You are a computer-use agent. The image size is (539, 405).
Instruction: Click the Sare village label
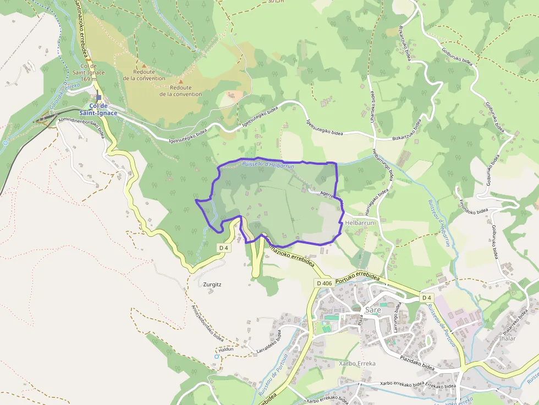coord(373,309)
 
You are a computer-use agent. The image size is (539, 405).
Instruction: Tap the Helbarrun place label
coord(360,223)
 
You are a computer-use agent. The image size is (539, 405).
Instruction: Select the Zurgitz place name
coord(212,285)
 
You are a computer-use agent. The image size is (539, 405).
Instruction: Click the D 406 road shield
coord(324,283)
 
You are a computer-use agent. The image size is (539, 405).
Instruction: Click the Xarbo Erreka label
coord(358,363)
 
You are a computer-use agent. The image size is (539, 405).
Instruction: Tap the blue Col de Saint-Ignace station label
coord(103,109)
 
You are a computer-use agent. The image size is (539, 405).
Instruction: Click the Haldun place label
coord(226,349)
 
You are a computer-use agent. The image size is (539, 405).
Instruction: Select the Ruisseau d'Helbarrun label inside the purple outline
coord(268,165)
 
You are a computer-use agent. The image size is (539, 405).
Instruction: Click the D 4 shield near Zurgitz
coord(223,248)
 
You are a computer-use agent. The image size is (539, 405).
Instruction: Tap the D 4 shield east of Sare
coord(427,297)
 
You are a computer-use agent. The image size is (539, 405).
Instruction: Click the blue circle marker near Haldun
coord(217,357)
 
